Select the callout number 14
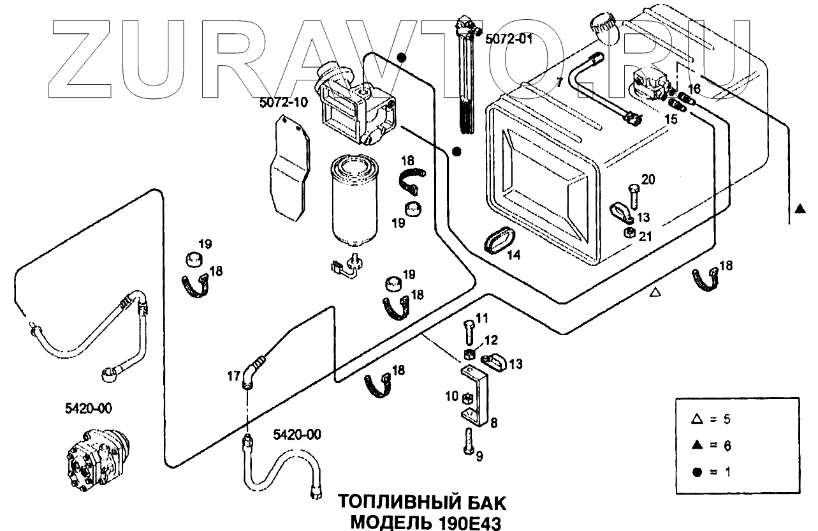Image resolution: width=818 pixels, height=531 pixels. [514, 255]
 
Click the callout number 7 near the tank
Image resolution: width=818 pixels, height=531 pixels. [559, 82]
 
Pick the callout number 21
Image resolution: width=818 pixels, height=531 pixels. [645, 237]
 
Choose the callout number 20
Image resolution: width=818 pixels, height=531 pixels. [648, 180]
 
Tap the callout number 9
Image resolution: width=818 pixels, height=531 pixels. [479, 456]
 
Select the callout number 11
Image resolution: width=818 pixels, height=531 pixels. [481, 317]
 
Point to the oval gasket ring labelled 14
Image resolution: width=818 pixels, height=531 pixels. [498, 241]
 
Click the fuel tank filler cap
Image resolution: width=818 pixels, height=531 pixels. [603, 26]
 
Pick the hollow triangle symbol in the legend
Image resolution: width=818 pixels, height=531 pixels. [697, 419]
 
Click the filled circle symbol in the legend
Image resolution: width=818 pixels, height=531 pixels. [697, 472]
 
